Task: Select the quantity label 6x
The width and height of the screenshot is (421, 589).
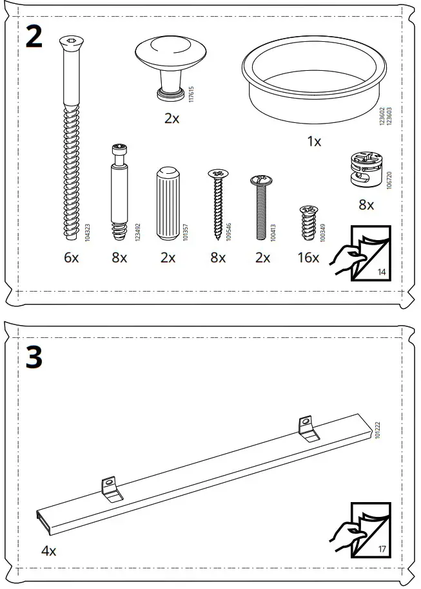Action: tap(71, 258)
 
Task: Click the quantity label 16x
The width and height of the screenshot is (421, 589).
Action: tap(309, 258)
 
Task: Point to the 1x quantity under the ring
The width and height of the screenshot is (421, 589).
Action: tap(314, 142)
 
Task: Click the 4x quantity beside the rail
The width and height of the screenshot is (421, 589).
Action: tap(49, 551)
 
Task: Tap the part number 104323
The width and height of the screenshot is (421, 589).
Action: tap(87, 232)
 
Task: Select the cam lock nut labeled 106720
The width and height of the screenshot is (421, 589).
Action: tap(364, 170)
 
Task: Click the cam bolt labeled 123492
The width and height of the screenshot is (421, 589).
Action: tap(119, 194)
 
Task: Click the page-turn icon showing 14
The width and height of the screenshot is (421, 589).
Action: tap(362, 254)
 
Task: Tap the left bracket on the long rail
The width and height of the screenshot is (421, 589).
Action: tap(112, 489)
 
